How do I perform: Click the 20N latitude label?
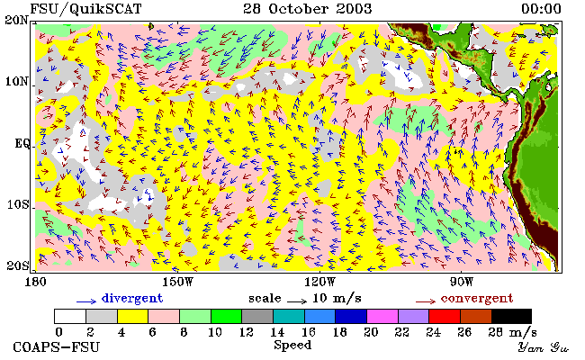pos(16,20)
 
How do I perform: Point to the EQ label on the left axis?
pos(22,143)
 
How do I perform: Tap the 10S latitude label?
pos(18,204)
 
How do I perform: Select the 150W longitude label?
pos(177,282)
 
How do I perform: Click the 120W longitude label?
pos(319,282)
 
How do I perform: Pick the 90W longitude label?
pos(462,282)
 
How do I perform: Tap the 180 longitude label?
pos(36,282)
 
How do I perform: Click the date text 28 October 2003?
pos(308,9)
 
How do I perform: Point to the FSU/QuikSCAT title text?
pos(85,9)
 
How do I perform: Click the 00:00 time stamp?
pos(541,9)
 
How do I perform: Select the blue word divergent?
pos(132,299)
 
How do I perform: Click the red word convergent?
pos(477,299)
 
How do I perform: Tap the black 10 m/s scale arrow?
pos(297,301)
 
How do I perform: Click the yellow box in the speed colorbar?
pos(133,316)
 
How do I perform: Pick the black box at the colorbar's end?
pos(511,316)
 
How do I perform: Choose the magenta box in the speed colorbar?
pos(382,316)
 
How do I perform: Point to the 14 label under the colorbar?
pos(277,331)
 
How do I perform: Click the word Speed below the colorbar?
pos(292,346)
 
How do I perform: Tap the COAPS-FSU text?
pos(57,347)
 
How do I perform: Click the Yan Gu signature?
pos(543,347)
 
